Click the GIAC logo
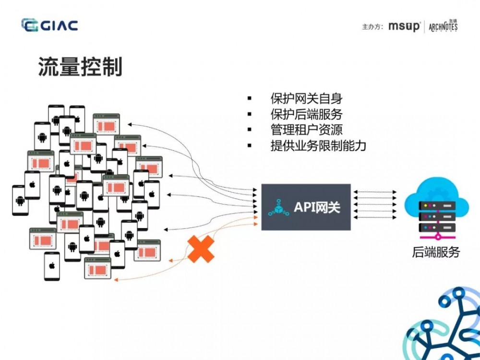(x=49, y=25)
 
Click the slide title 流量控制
(x=80, y=67)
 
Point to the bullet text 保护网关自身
(x=306, y=99)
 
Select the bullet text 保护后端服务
(x=306, y=115)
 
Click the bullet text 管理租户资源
(x=306, y=130)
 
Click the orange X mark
(x=201, y=249)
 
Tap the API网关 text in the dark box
(x=317, y=207)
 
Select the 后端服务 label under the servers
(x=436, y=252)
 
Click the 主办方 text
(x=372, y=26)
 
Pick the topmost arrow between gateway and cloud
(x=375, y=192)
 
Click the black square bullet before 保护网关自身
(x=250, y=99)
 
